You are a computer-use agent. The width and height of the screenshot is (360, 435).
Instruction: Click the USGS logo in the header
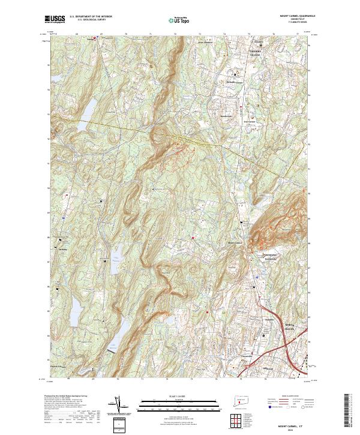55,20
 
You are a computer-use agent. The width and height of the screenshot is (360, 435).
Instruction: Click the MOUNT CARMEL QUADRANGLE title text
292,17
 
